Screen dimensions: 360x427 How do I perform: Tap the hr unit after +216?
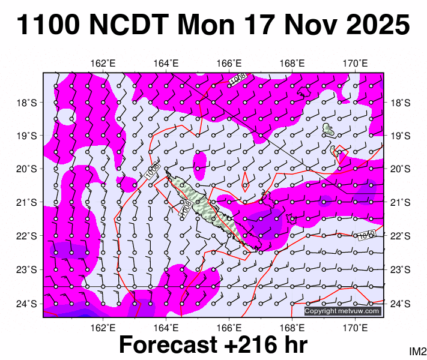point(294,345)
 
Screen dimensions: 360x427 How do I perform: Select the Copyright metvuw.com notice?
point(342,311)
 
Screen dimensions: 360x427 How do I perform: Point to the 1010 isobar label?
point(367,235)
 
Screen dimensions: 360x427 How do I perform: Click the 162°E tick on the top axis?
point(103,64)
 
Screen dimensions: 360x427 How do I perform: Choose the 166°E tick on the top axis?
point(229,64)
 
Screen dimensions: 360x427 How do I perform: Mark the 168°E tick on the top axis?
point(292,64)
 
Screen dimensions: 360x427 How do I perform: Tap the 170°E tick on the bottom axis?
point(356,328)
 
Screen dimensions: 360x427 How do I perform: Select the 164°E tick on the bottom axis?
point(166,328)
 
